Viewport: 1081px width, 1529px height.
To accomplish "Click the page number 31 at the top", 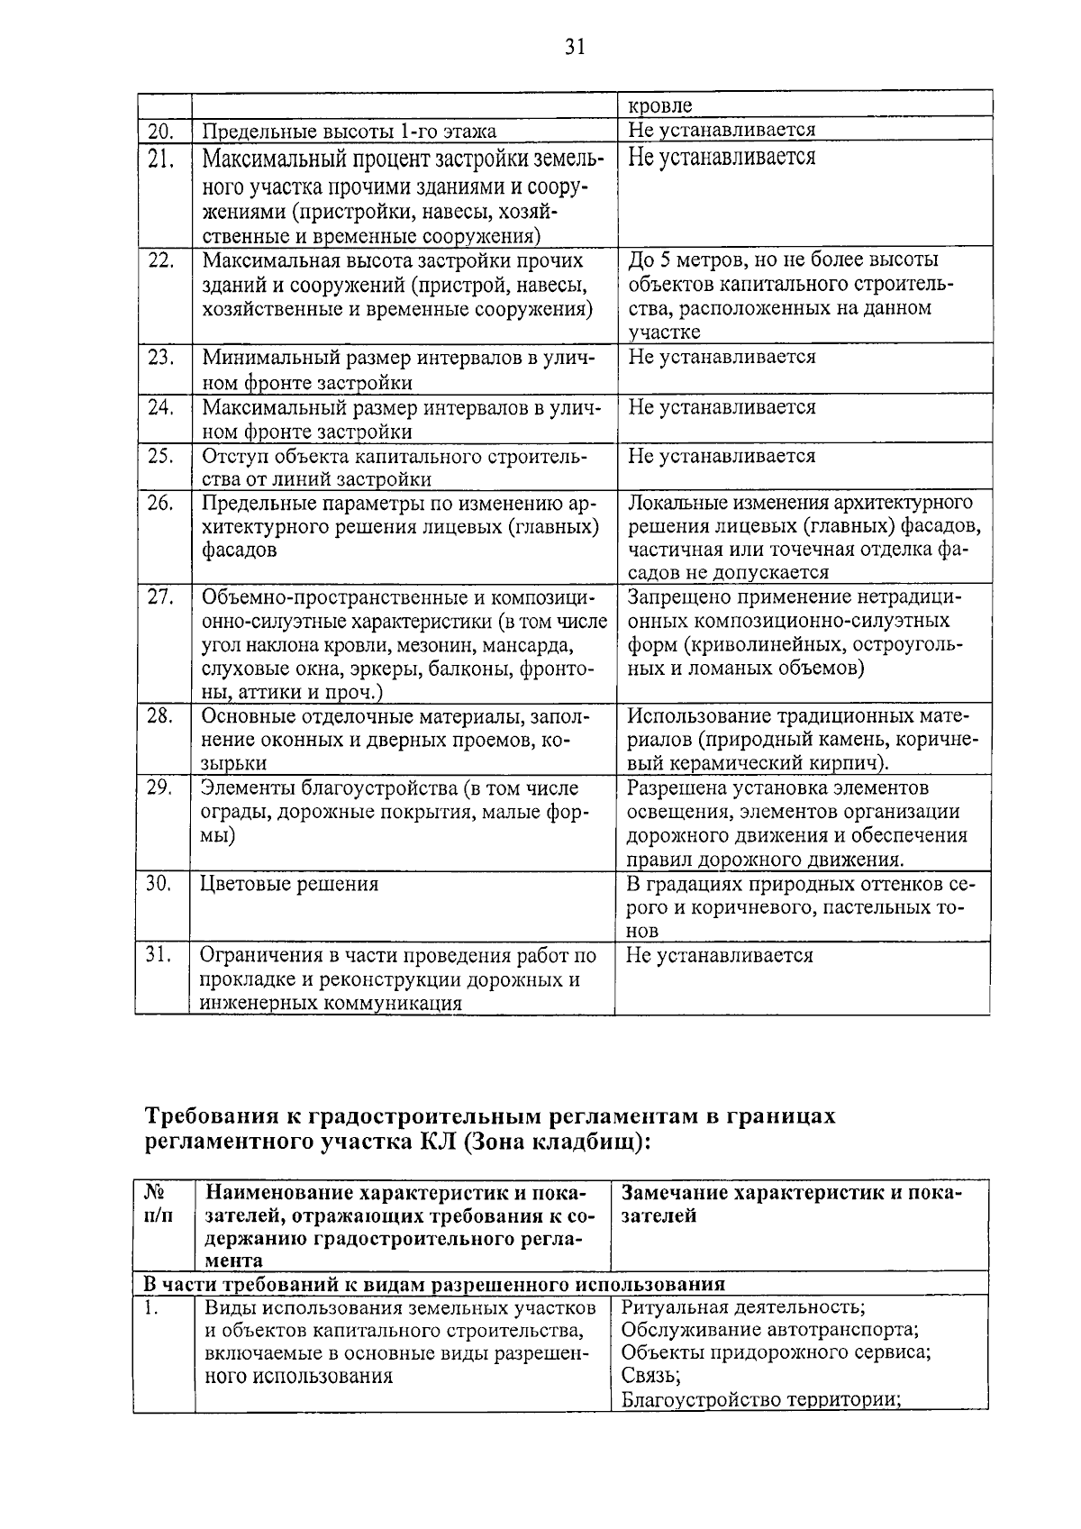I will [x=575, y=48].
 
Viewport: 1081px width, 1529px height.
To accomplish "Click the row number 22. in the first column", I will [x=160, y=260].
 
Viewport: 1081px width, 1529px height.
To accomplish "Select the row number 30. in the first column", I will [x=159, y=884].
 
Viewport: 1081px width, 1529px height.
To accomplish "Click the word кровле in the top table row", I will [x=659, y=105].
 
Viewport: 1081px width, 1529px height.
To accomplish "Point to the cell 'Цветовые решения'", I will [x=289, y=884].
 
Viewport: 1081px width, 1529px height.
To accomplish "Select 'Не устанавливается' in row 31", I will [x=720, y=955].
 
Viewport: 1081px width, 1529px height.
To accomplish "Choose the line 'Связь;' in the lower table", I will [x=650, y=1376].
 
